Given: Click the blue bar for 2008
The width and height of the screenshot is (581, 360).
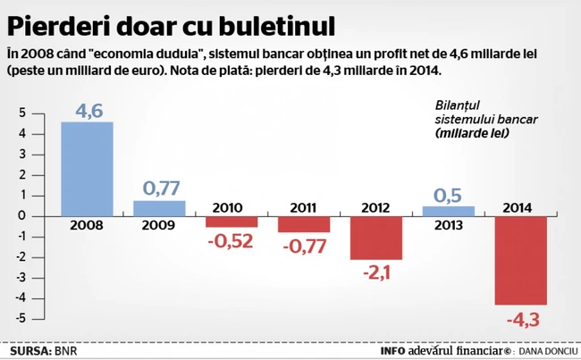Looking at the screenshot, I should pyautogui.click(x=87, y=169).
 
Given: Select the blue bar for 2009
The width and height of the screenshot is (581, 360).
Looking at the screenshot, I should pyautogui.click(x=159, y=208).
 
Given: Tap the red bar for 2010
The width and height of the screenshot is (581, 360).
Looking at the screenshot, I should pyautogui.click(x=232, y=222).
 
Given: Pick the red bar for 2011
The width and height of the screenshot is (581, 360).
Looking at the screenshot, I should pyautogui.click(x=304, y=224).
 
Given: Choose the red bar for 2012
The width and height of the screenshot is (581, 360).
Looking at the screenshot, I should pyautogui.click(x=376, y=238).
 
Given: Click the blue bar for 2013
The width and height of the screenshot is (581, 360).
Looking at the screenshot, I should pyautogui.click(x=449, y=211).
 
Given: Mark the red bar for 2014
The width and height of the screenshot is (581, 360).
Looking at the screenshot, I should pyautogui.click(x=521, y=260).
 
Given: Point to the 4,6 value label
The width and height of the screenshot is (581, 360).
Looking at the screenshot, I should pyautogui.click(x=87, y=111).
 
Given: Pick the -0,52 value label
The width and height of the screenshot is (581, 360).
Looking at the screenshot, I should pyautogui.click(x=232, y=241).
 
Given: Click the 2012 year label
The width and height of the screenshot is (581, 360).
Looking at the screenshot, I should pyautogui.click(x=376, y=208).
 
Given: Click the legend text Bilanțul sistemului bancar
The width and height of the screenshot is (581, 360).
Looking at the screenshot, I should pyautogui.click(x=469, y=111).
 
